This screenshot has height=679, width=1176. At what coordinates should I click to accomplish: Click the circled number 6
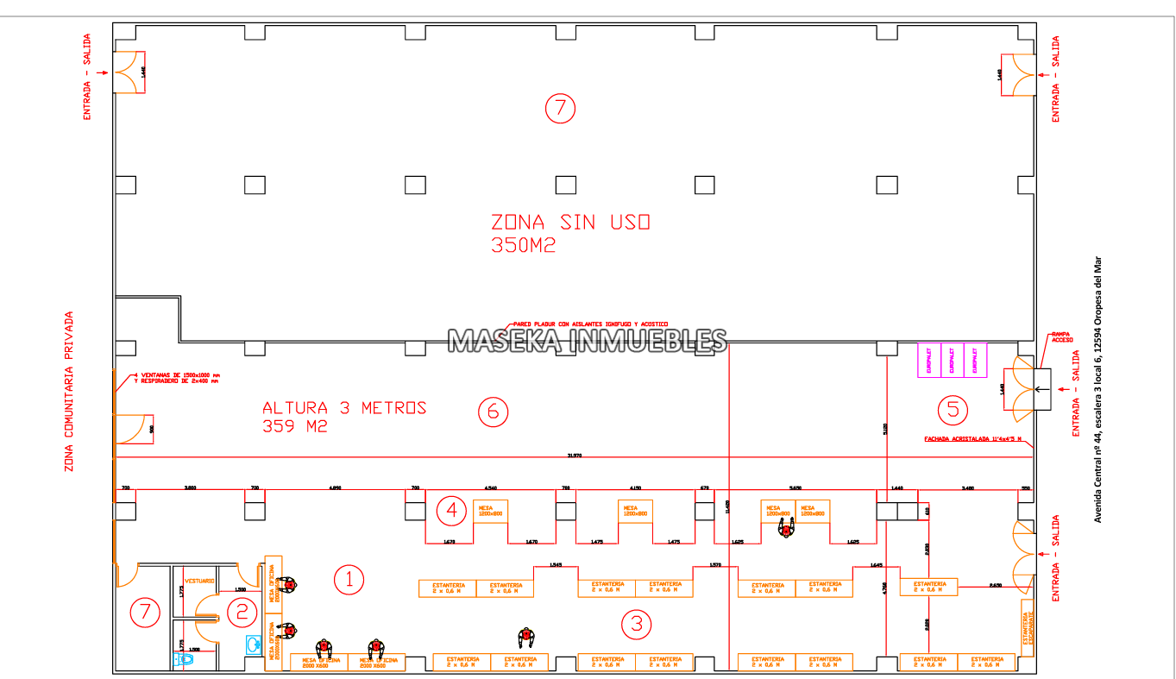[493, 412]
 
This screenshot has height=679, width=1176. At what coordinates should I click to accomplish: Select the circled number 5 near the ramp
[953, 409]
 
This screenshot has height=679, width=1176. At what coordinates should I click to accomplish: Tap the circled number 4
[451, 511]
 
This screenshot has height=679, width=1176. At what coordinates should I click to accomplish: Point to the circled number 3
[637, 624]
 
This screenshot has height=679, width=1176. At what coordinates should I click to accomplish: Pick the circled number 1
[349, 580]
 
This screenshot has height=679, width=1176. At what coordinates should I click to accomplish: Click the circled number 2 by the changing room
[242, 612]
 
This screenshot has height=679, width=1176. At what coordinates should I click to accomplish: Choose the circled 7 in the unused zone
[560, 108]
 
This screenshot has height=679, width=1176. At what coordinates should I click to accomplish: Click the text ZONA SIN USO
[569, 223]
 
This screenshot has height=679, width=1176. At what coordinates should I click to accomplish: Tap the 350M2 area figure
[523, 245]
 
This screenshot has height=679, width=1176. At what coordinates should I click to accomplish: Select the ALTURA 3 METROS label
[344, 407]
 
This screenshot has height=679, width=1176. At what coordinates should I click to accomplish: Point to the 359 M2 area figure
[295, 426]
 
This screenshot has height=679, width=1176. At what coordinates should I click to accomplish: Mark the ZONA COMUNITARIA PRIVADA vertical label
[69, 392]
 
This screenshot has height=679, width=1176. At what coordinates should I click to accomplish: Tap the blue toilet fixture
[184, 659]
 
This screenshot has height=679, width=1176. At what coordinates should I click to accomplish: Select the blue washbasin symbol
[253, 644]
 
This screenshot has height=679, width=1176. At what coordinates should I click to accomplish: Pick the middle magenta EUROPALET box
[951, 360]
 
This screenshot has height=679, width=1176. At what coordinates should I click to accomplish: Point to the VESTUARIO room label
[200, 582]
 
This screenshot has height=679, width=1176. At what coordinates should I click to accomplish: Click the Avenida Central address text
[1098, 387]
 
